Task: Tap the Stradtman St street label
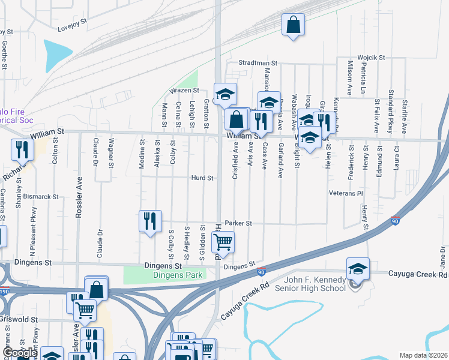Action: [257, 62]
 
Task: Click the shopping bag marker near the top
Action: [293, 26]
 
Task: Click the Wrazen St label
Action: [184, 90]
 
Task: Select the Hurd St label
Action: [202, 178]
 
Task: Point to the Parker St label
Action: [238, 223]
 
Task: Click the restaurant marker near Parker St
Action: [150, 221]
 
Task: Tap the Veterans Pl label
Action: [346, 194]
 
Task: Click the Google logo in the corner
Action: [19, 353]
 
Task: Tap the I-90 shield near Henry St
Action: [395, 221]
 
